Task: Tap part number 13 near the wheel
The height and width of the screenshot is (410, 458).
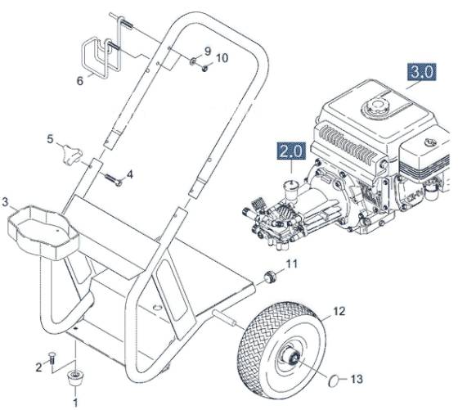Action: [x=356, y=379]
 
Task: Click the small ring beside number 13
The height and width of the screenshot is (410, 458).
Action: [x=333, y=380]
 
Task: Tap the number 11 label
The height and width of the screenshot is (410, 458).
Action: [x=292, y=264]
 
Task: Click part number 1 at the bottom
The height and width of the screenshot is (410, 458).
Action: [x=76, y=402]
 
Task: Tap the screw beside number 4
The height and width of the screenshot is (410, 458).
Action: [x=112, y=178]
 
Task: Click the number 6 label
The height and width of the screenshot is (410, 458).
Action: [x=79, y=81]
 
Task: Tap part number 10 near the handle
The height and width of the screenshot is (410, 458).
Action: [x=222, y=56]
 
